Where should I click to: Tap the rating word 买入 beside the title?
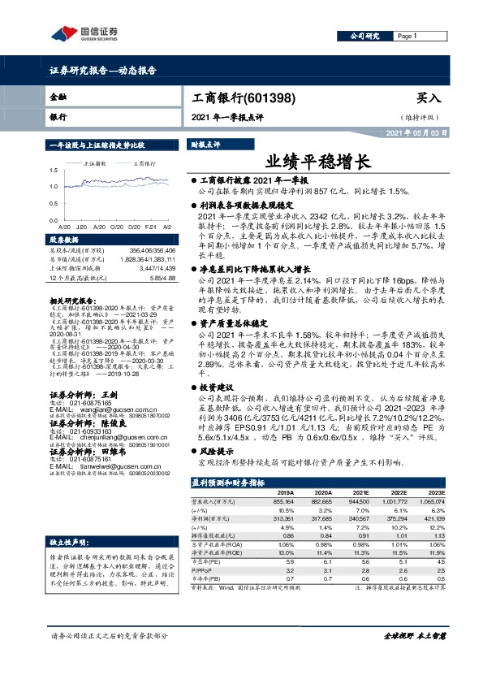tap(428, 97)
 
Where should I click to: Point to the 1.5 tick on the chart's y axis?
tap(53, 171)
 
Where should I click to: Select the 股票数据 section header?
tap(64, 240)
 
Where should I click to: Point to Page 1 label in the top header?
tap(407, 37)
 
